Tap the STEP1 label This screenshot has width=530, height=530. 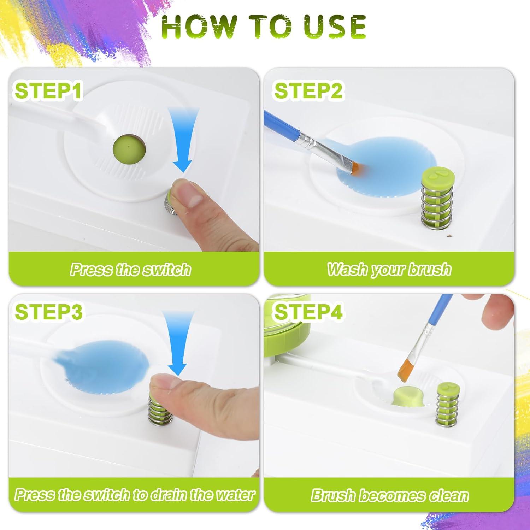tap(48, 91)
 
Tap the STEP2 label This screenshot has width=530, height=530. tap(308, 91)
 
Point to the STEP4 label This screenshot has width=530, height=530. tap(308, 312)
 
